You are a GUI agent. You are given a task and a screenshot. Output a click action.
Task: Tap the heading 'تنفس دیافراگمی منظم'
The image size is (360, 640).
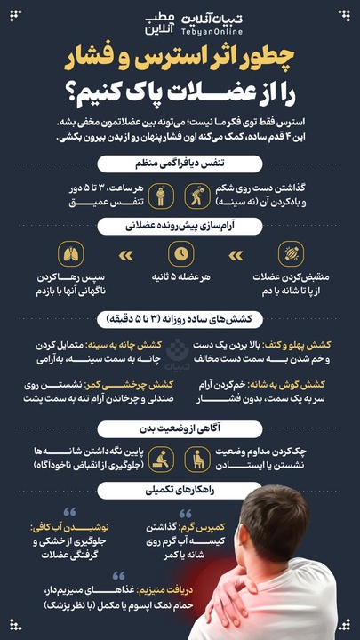coord(180,164)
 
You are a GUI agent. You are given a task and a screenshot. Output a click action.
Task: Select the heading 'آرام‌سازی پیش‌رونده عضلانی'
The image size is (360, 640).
coord(180,226)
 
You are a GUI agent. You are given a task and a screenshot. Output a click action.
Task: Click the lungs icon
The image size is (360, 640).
coord(75,254)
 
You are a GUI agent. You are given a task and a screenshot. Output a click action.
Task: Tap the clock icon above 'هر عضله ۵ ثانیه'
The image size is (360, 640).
coord(180,254)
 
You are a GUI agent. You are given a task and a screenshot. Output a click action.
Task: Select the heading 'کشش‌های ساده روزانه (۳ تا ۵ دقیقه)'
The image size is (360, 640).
coord(180,317)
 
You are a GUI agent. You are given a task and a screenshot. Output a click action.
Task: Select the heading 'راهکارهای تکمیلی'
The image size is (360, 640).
coord(180,490)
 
